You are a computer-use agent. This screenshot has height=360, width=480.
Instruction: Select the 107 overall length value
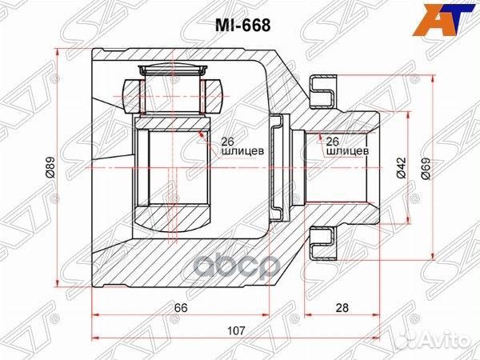point(235,330)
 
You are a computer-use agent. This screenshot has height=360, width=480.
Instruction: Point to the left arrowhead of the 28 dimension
point(313,315)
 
